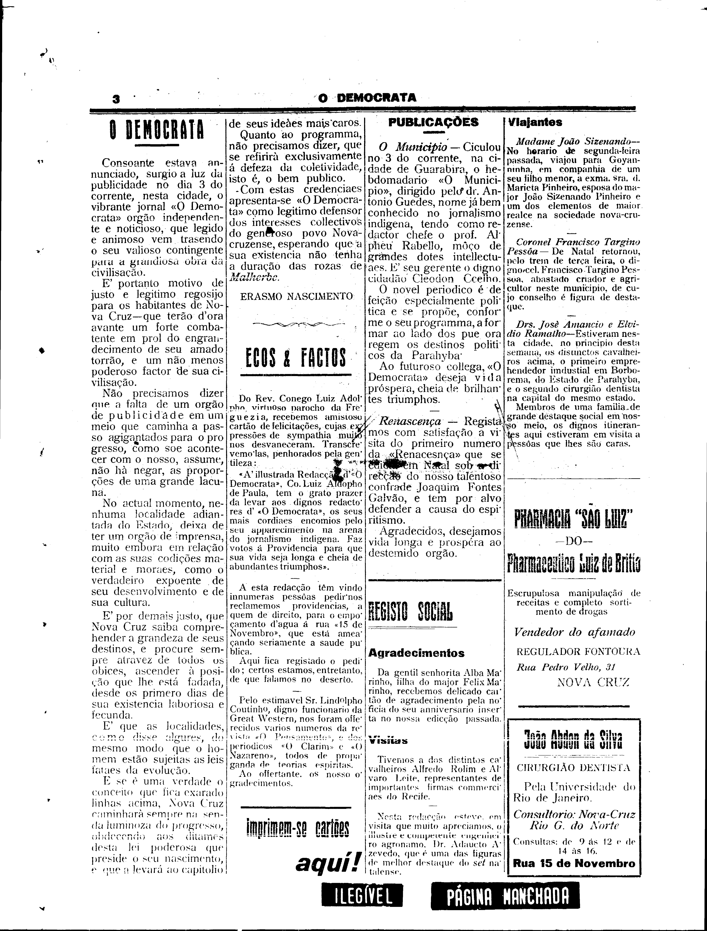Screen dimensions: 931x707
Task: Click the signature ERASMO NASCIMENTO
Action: click(x=296, y=296)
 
